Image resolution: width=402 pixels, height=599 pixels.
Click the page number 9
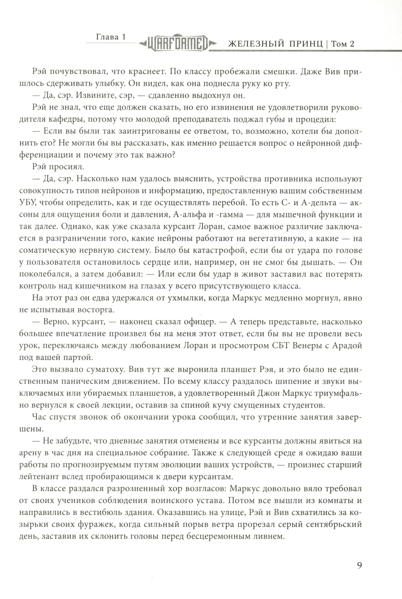pos(359,566)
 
